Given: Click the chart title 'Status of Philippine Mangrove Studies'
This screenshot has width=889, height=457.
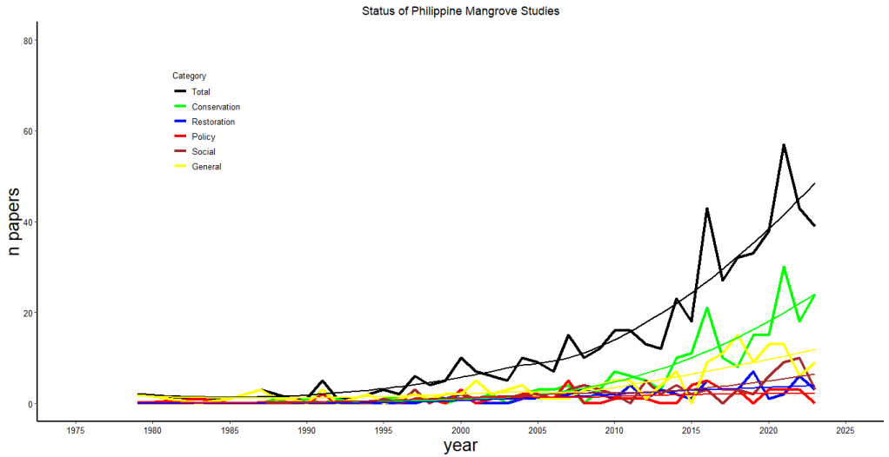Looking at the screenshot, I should [x=448, y=11].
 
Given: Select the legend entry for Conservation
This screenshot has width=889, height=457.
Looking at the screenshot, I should [x=215, y=107].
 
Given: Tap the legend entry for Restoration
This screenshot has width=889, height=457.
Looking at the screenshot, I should [x=212, y=122].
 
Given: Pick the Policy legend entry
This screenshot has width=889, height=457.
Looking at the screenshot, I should [x=203, y=136].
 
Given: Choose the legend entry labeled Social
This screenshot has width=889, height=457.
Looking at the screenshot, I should [x=203, y=151].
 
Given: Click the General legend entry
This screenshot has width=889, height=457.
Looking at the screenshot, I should [x=206, y=167].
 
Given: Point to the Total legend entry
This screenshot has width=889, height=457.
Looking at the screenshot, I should [x=200, y=92].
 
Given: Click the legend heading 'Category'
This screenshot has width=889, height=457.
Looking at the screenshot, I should [x=189, y=76].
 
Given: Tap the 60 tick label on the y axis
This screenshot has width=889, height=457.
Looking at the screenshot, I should [x=29, y=131].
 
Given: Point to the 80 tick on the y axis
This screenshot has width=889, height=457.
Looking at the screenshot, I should [x=29, y=41].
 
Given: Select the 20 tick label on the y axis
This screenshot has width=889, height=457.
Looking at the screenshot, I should [x=29, y=313].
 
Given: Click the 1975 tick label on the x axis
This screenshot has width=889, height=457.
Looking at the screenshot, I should [x=75, y=430].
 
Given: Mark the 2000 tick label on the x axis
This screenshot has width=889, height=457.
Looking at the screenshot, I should [x=460, y=430].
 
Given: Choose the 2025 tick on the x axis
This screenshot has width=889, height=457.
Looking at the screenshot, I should [x=846, y=430].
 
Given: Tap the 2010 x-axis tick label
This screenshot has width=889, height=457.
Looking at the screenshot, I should [x=614, y=430].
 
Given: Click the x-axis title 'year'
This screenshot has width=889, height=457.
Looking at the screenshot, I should [x=459, y=446].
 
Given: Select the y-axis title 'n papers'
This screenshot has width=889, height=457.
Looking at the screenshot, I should [x=15, y=222].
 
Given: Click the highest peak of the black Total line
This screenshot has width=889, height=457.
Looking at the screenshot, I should [x=784, y=145].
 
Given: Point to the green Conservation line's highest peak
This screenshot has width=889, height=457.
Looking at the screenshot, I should [x=784, y=268].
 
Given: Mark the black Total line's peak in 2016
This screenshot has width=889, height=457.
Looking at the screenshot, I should [x=707, y=209].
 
